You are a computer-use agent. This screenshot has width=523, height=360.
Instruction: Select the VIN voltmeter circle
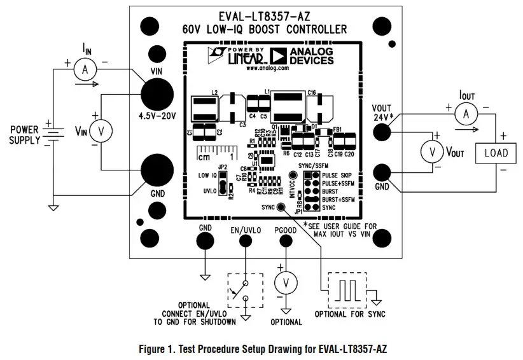[99, 132]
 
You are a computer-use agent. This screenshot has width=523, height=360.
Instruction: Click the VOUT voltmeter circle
[433, 152]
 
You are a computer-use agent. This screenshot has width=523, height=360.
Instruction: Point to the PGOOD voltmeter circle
[286, 282]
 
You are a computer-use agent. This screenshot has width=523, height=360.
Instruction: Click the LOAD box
[496, 153]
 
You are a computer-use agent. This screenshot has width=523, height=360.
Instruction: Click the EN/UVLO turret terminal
[245, 241]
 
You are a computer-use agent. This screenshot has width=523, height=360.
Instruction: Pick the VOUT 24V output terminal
[382, 132]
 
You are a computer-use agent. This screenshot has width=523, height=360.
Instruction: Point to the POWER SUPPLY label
[25, 135]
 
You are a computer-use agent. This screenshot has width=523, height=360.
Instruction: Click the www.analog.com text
[265, 67]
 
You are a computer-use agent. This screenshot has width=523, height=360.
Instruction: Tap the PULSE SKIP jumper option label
[338, 174]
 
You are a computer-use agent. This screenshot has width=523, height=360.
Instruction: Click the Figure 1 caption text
[262, 349]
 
